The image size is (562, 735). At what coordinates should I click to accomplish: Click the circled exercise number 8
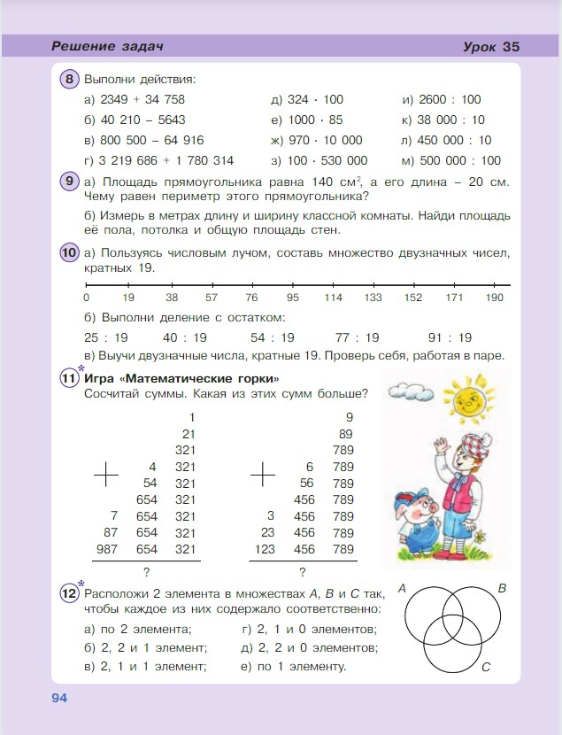coord(70,80)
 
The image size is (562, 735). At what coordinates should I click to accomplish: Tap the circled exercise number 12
coord(70,592)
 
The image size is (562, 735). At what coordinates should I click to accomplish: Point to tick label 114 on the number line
coord(333,298)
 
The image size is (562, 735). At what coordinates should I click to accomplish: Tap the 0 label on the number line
coord(86,298)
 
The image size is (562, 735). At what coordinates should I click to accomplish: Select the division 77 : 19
coord(358,337)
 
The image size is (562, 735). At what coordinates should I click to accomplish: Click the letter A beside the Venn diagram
coord(402,588)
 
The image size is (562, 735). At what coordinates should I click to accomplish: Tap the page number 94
coord(59,698)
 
